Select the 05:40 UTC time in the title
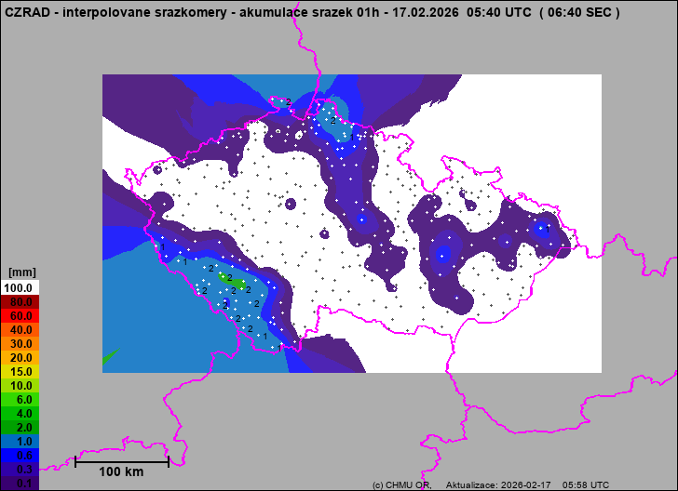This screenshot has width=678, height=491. pyautogui.click(x=495, y=13)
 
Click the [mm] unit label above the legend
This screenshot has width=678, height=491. pyautogui.click(x=20, y=272)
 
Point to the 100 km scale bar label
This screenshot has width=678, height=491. pyautogui.click(x=121, y=472)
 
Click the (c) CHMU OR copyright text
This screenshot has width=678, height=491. pyautogui.click(x=400, y=485)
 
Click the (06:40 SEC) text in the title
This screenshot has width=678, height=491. pyautogui.click(x=579, y=13)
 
